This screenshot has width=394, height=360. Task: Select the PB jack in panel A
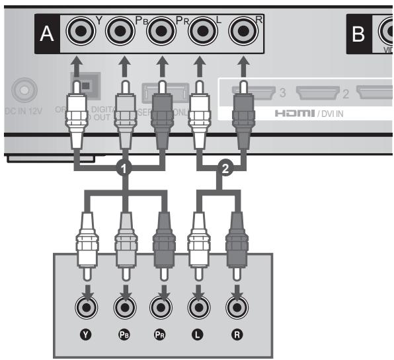click(121, 31)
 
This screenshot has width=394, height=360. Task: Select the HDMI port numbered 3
click(248, 93)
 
